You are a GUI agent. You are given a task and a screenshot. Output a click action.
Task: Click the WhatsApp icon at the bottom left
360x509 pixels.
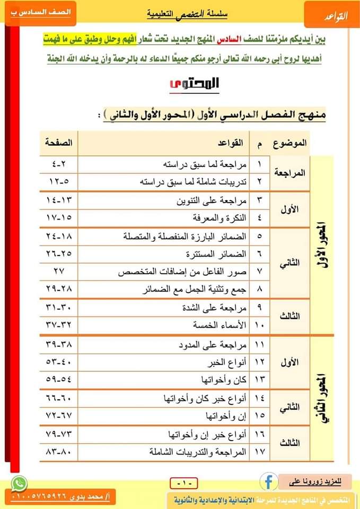(x=19, y=484)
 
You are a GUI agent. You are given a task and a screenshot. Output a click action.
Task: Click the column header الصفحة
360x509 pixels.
(x=58, y=143)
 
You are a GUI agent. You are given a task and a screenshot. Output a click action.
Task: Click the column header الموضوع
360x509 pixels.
(x=291, y=143)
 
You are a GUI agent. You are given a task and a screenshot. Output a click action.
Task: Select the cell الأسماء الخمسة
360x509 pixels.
(x=223, y=324)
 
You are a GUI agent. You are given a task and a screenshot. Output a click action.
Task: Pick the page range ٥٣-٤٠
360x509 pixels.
(x=59, y=363)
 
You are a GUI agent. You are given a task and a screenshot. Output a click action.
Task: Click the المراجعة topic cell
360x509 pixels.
(x=291, y=172)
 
